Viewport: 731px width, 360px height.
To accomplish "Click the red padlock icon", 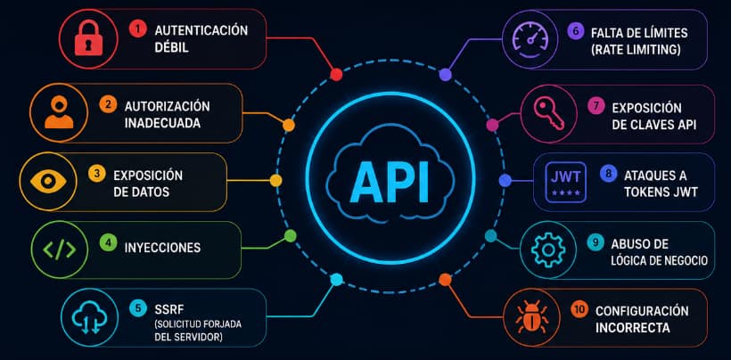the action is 88,39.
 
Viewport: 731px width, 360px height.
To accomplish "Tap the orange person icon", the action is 59,112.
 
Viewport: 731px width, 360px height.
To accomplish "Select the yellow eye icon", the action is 48,181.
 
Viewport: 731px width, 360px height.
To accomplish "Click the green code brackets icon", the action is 59,250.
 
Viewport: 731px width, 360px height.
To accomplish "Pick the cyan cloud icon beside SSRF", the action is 89,317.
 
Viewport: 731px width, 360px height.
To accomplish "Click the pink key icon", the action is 549,114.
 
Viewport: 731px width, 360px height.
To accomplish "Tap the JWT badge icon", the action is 565,183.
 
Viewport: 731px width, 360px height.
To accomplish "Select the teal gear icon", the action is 548,250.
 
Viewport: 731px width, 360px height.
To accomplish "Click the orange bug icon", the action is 531,317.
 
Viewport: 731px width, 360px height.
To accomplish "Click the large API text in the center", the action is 390,183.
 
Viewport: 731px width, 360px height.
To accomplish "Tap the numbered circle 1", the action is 137,29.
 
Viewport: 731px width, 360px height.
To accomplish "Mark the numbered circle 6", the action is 575,31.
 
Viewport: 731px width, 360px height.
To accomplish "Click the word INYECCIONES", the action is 162,248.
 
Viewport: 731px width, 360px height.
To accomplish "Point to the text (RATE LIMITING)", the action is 636,49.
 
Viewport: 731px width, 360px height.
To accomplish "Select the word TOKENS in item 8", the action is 643,192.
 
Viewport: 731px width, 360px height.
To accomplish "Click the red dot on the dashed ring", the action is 336,75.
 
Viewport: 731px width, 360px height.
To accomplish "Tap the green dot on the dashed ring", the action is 290,235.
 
